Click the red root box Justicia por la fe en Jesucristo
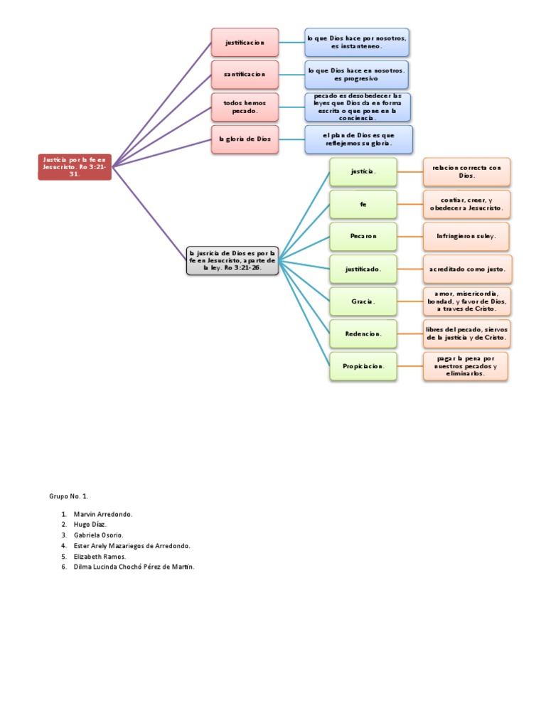point(75,166)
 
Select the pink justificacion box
point(245,43)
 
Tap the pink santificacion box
point(245,74)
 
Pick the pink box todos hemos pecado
point(245,107)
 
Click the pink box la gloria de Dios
point(245,139)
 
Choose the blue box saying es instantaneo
point(356,43)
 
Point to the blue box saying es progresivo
point(356,74)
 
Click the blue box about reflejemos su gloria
point(358,139)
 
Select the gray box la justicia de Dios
point(232,260)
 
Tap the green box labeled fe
point(363,204)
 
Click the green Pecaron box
point(363,236)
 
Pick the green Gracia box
point(363,301)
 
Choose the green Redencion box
point(363,333)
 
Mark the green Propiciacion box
point(363,366)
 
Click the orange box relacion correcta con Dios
point(466,171)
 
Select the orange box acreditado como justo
point(466,269)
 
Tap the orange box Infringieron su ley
point(466,236)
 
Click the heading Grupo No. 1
point(68,496)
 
